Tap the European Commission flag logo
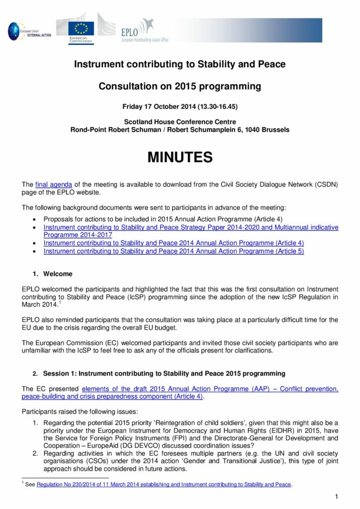[x=80, y=30]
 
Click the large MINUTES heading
[x=180, y=158]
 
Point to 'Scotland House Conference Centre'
[x=180, y=122]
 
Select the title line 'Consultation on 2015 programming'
[x=180, y=86]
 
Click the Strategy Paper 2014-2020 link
[x=190, y=227]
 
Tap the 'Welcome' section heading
[x=58, y=274]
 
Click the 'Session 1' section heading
[x=164, y=373]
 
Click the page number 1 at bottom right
[x=337, y=497]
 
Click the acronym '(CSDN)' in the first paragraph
[x=324, y=184]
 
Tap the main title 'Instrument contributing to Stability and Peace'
[x=180, y=64]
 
